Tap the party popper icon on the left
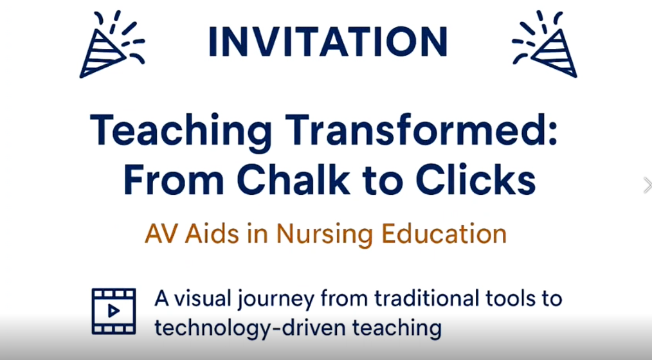[x=111, y=45]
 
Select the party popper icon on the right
[x=545, y=45]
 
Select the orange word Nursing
[x=325, y=234]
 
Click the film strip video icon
[x=114, y=311]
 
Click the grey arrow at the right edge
[x=646, y=185]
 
